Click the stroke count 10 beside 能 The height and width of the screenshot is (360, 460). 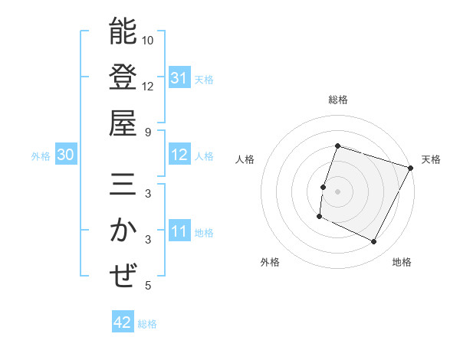[x=148, y=40]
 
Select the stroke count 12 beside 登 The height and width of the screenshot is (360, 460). [x=148, y=86]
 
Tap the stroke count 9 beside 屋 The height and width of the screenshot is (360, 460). [x=147, y=132]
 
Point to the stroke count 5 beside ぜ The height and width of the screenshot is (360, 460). [x=147, y=286]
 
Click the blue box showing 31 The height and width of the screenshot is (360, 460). [x=179, y=77]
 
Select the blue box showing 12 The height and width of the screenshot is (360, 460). [x=179, y=155]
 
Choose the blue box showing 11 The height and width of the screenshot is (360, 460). [x=179, y=231]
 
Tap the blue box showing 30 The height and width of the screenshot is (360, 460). [x=66, y=155]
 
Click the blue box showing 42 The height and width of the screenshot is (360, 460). [x=123, y=322]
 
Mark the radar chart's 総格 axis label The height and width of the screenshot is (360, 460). [x=337, y=100]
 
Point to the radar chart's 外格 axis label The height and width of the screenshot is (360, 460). [x=270, y=262]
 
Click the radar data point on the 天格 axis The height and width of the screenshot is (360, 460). [x=411, y=168]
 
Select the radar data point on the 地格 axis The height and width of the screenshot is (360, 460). [x=374, y=242]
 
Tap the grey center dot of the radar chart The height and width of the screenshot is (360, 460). [x=337, y=191]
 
